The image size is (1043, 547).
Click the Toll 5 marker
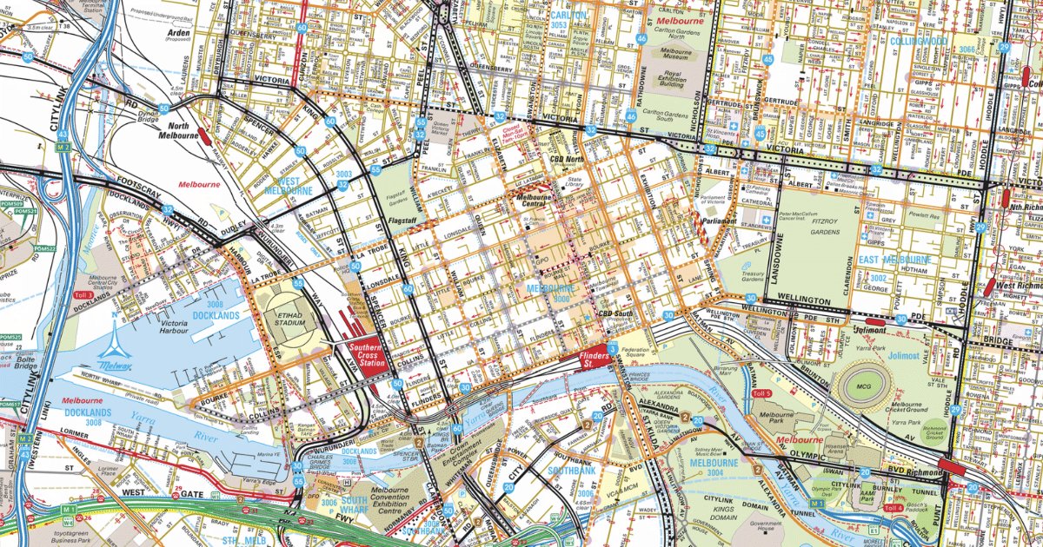(761, 393)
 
